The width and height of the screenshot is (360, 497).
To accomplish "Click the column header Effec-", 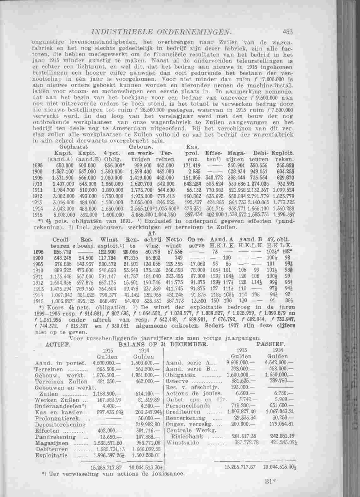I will (x=214, y=153).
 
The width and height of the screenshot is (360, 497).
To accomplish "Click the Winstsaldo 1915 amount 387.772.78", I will (x=245, y=443).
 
